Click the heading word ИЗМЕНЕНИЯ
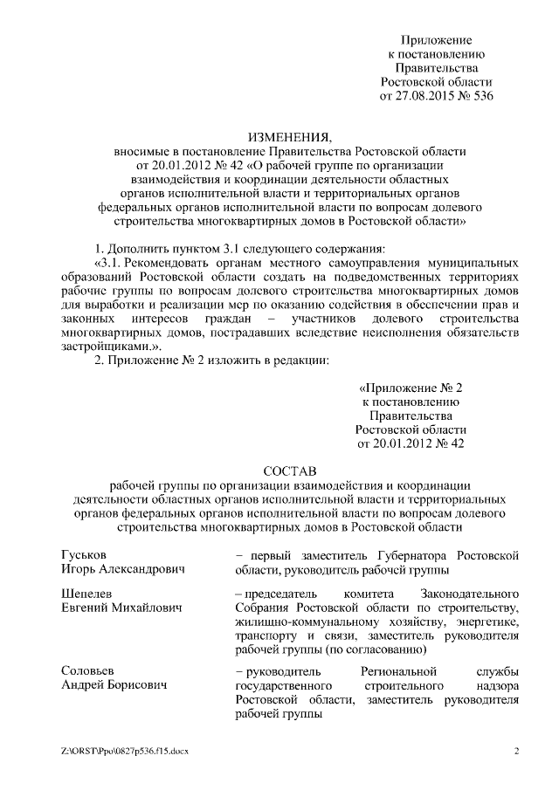[x=289, y=136]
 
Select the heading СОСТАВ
[x=289, y=471]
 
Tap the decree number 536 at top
[x=481, y=96]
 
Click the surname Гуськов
[x=86, y=555]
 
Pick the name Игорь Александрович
[x=123, y=570]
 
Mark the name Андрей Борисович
[x=114, y=685]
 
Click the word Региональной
[x=397, y=670]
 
